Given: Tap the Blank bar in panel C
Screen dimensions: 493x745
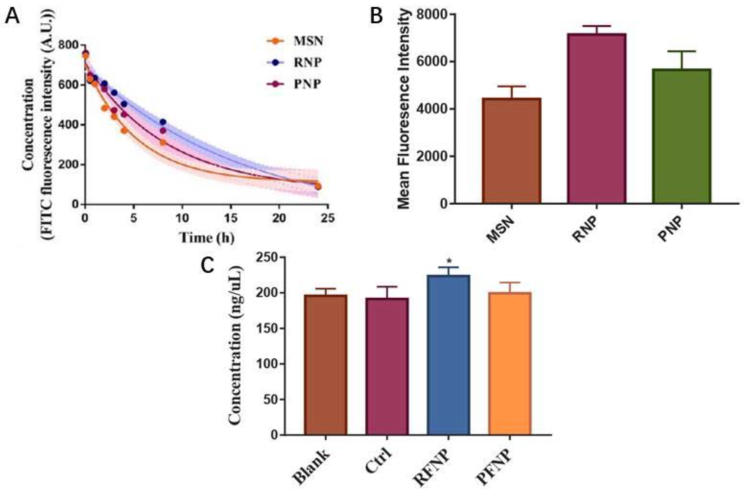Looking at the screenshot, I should (325, 365).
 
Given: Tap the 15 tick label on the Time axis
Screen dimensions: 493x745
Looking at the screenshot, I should (231, 218).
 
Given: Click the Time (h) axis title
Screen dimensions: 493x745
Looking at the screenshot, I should (207, 238).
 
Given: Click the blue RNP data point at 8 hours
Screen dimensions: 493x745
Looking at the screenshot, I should (163, 122).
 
